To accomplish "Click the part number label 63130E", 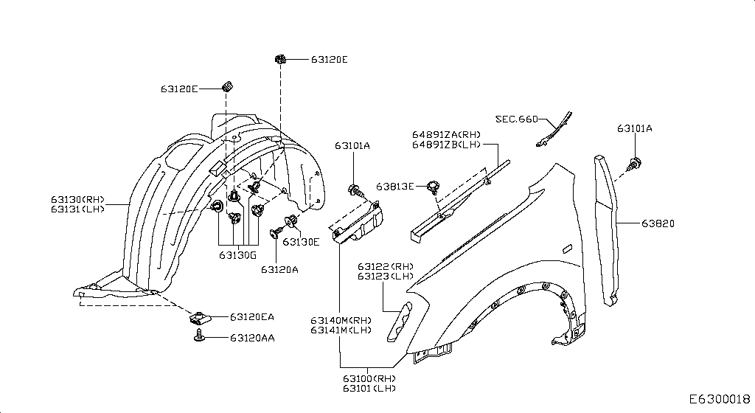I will click(x=301, y=242).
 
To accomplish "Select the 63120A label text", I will click(x=279, y=269).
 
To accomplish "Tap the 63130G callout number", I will click(x=237, y=255).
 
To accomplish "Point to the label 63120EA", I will click(x=251, y=317).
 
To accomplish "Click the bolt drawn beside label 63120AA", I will click(x=199, y=337).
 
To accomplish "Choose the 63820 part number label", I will click(x=658, y=223).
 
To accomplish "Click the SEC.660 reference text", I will click(x=516, y=119).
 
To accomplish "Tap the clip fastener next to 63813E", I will click(x=433, y=186).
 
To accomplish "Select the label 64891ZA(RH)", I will click(x=446, y=135).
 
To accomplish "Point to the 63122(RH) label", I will click(x=386, y=266).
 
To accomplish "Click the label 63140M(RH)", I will click(x=341, y=320).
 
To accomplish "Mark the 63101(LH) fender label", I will click(x=369, y=388).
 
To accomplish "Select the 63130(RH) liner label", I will click(x=78, y=199).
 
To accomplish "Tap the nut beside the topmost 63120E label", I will click(x=280, y=59).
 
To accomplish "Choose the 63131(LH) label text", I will click(x=78, y=209).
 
